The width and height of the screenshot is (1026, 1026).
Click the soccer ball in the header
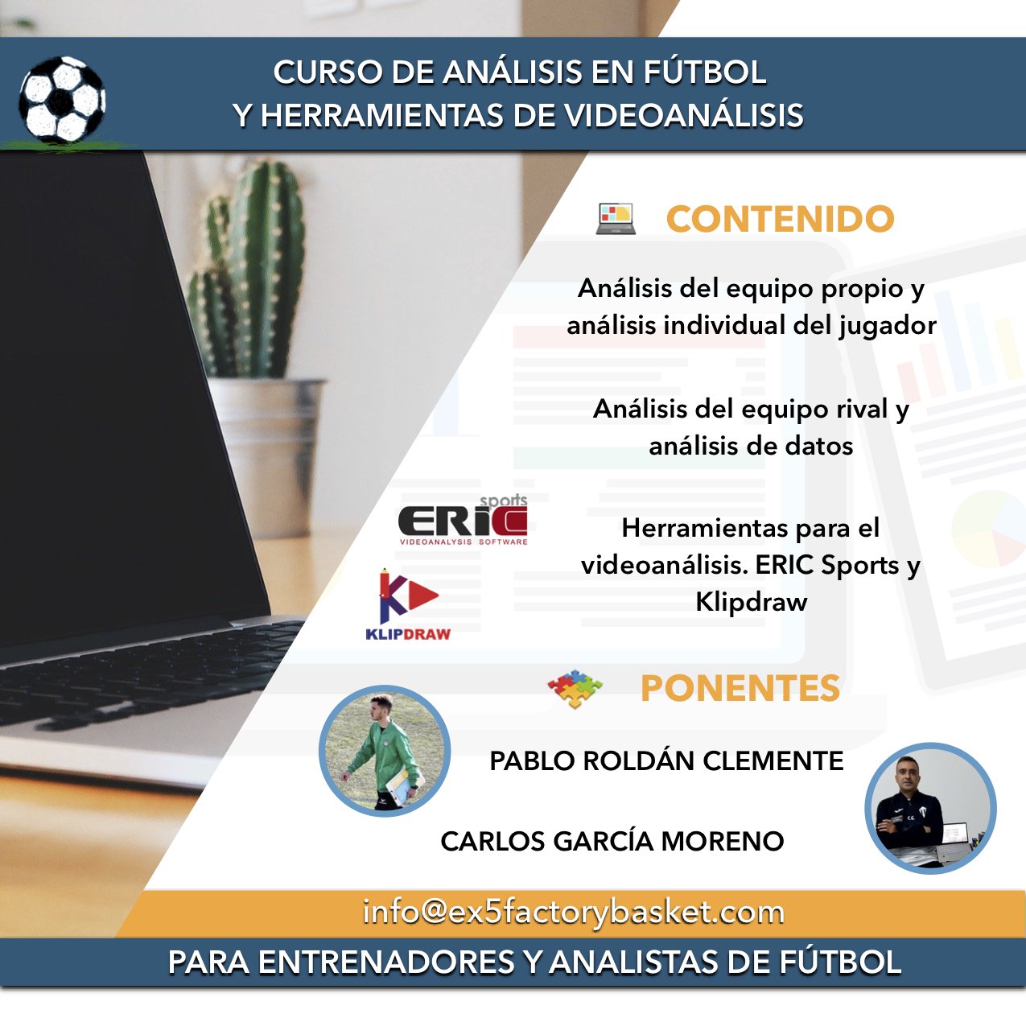tap(62, 100)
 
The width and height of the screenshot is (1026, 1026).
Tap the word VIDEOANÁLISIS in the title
tap(684, 116)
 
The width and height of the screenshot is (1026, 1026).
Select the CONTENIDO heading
tap(780, 219)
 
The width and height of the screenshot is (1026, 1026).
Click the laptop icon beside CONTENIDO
tap(616, 219)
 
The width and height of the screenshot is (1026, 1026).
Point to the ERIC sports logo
tap(463, 520)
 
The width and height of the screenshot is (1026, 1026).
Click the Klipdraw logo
tap(408, 605)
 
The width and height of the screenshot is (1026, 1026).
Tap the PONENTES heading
tap(740, 688)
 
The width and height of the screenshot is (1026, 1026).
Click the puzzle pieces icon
tap(575, 689)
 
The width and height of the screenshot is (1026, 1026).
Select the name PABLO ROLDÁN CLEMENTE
tap(666, 760)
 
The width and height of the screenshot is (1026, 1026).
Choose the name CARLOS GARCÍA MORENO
tap(612, 841)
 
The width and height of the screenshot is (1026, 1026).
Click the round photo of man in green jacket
tap(385, 751)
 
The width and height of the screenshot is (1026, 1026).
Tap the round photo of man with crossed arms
tap(930, 808)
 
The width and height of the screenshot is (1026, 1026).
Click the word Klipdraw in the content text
tap(752, 603)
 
